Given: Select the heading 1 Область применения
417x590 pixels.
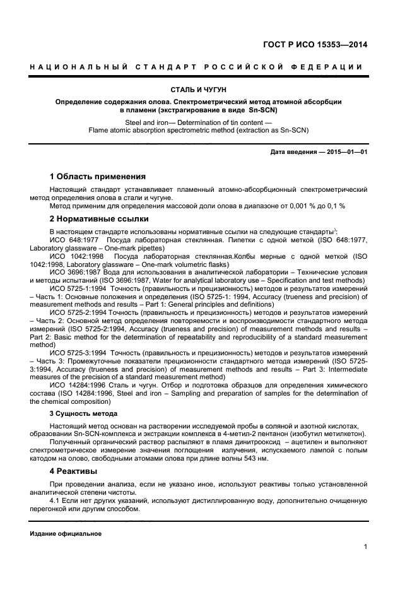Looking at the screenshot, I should pos(97,176).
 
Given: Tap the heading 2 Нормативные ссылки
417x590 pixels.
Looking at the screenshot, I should pos(99,219).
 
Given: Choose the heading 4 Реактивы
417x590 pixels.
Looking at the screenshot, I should pos(73,471).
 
